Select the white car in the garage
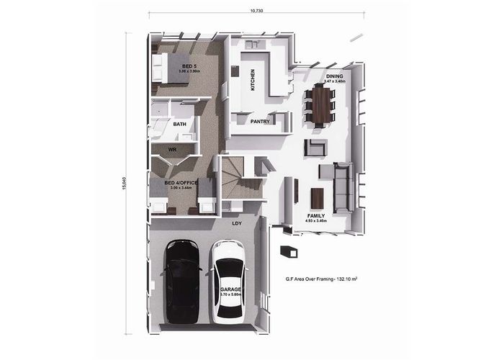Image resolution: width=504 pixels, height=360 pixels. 228,282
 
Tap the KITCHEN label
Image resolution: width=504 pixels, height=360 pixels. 253,78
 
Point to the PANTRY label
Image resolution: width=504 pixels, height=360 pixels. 260,122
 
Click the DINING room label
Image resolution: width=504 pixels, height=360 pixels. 334,76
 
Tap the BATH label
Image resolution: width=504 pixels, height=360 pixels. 180,124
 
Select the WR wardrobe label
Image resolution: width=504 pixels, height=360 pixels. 172,149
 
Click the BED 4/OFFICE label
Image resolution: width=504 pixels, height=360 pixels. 181,183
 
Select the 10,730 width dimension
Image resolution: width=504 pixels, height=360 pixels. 255,11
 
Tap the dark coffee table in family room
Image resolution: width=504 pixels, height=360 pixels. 316,197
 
